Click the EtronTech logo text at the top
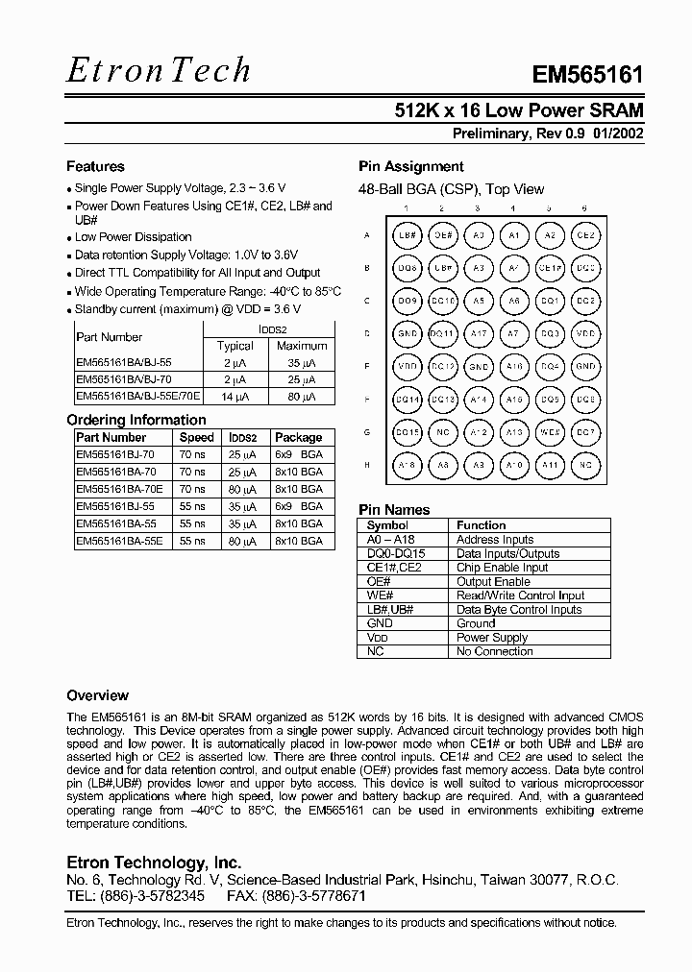point(159,70)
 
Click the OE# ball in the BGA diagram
point(442,234)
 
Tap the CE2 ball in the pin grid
point(584,234)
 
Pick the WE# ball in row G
point(549,432)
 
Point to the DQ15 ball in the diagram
point(408,432)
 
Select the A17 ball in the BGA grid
point(478,333)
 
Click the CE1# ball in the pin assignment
point(549,268)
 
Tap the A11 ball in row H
point(549,465)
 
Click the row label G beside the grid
point(367,432)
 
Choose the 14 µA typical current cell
point(235,396)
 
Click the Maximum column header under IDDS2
point(302,346)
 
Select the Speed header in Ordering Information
point(196,437)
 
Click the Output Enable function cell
point(493,581)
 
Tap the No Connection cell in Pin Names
point(494,651)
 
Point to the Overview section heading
point(97,694)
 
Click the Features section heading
point(95,166)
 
